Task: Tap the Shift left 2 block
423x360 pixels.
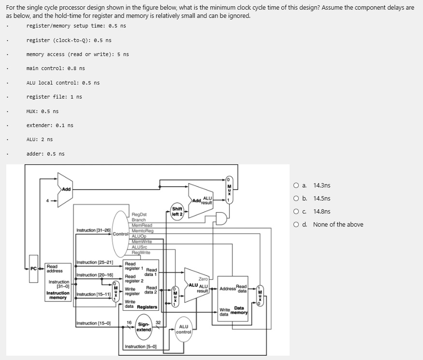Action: click(x=177, y=211)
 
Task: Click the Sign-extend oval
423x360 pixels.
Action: click(x=144, y=327)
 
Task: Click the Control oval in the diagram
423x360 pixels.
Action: click(x=120, y=234)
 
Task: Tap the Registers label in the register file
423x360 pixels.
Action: click(x=147, y=307)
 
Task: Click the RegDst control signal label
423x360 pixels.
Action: click(x=139, y=214)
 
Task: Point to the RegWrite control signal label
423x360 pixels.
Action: click(x=141, y=252)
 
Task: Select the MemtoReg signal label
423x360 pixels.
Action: click(x=141, y=230)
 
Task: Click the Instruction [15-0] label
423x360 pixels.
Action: click(x=93, y=323)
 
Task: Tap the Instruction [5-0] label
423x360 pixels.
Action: click(x=140, y=346)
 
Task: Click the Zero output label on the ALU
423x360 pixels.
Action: click(x=203, y=279)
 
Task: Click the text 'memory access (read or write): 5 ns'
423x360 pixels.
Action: click(x=77, y=54)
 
